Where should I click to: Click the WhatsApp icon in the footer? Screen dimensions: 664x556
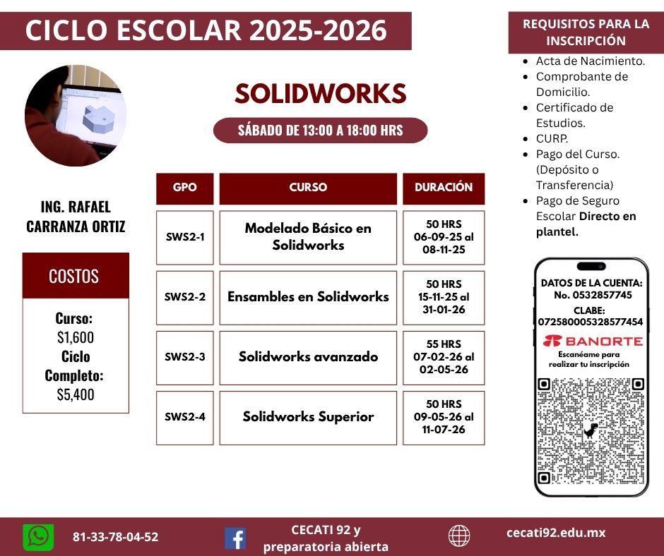(x=38, y=538)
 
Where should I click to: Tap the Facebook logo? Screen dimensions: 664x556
(x=235, y=538)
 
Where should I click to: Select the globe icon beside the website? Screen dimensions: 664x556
(x=459, y=536)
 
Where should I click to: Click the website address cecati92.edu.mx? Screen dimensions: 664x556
(x=556, y=533)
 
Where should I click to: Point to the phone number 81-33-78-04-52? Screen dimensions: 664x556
(x=116, y=537)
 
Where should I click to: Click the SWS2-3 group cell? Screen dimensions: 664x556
(x=184, y=358)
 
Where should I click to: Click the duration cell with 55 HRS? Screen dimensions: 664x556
(x=444, y=358)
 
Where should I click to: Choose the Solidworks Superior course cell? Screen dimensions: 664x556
(x=308, y=418)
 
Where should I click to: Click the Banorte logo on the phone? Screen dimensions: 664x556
(x=593, y=341)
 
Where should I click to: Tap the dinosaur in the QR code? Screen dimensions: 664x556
(x=591, y=430)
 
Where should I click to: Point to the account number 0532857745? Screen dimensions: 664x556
(x=593, y=295)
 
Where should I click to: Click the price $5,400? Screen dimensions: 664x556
(x=76, y=394)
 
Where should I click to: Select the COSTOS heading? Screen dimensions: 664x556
(x=73, y=276)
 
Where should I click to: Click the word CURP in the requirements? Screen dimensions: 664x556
(x=552, y=138)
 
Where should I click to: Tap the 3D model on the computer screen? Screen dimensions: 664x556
(x=98, y=118)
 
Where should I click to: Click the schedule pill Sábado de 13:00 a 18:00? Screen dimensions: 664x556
(x=321, y=131)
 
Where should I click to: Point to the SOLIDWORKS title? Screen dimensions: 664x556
(x=321, y=94)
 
